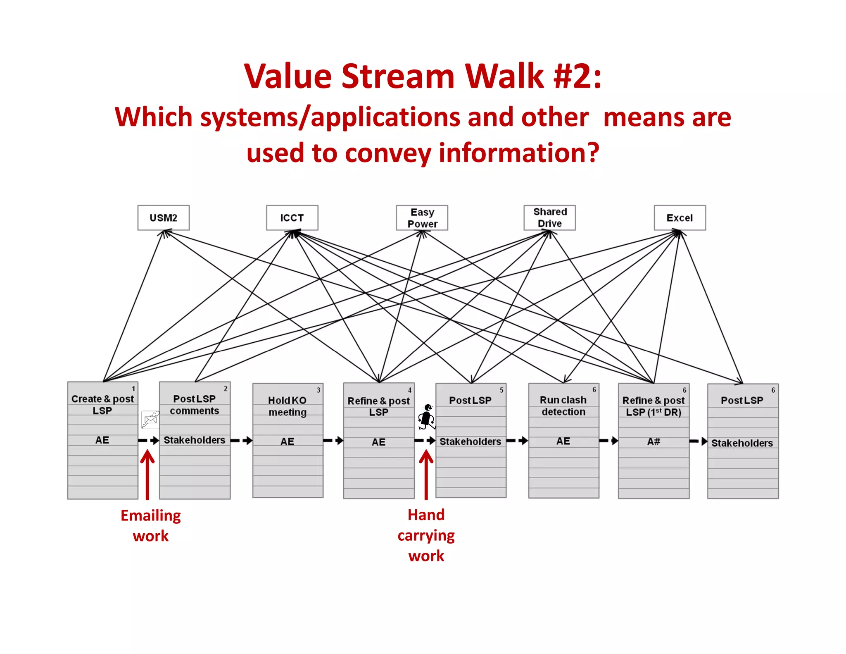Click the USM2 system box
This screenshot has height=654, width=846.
163,217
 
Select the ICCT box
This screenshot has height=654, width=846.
292,217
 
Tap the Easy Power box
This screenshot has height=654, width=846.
422,217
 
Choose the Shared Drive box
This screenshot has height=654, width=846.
549,217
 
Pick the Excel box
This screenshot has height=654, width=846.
680,217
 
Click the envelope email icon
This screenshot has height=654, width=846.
150,420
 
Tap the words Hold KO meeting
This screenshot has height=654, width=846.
287,406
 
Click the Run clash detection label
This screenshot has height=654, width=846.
563,406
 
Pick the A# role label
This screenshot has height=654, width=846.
654,442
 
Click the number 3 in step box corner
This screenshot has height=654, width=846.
318,390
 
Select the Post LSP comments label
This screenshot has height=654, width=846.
194,404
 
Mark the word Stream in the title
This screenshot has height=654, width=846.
397,76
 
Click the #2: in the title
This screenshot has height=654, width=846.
577,76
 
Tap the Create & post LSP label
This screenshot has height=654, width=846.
102,404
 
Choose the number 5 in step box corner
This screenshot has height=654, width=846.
501,390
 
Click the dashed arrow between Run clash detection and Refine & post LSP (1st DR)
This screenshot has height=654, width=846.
608,441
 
